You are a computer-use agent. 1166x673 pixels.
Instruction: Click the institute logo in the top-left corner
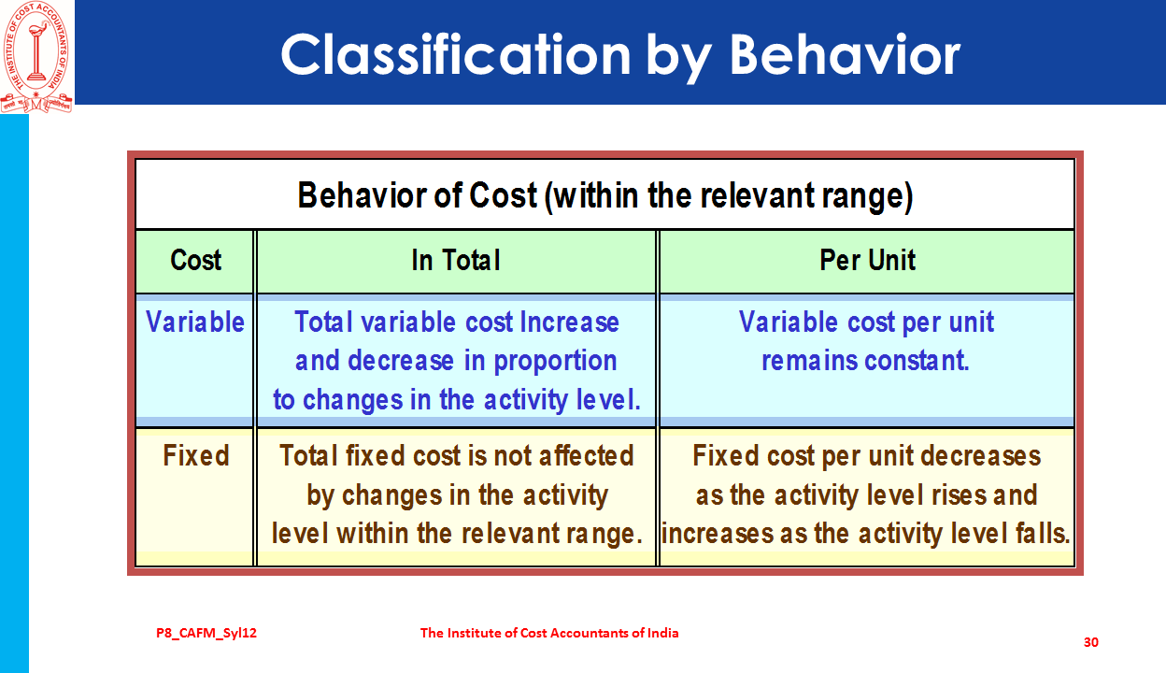[36, 57]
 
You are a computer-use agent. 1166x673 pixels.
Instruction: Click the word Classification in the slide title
[456, 55]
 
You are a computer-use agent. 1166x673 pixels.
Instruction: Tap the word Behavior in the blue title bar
[845, 55]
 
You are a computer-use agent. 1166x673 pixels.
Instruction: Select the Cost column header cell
[195, 261]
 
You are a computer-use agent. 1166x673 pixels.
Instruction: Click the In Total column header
[456, 261]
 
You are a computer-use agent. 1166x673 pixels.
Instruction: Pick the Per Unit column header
[867, 261]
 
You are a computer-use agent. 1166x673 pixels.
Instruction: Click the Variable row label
[195, 322]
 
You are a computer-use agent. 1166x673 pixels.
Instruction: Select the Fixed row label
[195, 455]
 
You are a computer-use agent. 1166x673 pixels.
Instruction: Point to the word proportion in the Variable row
[555, 362]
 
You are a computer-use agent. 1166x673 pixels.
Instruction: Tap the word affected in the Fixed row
[586, 455]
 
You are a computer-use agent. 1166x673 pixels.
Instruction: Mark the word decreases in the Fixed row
[981, 455]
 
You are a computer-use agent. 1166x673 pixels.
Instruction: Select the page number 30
[1091, 642]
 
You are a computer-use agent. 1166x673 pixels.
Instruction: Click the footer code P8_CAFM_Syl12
[206, 633]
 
